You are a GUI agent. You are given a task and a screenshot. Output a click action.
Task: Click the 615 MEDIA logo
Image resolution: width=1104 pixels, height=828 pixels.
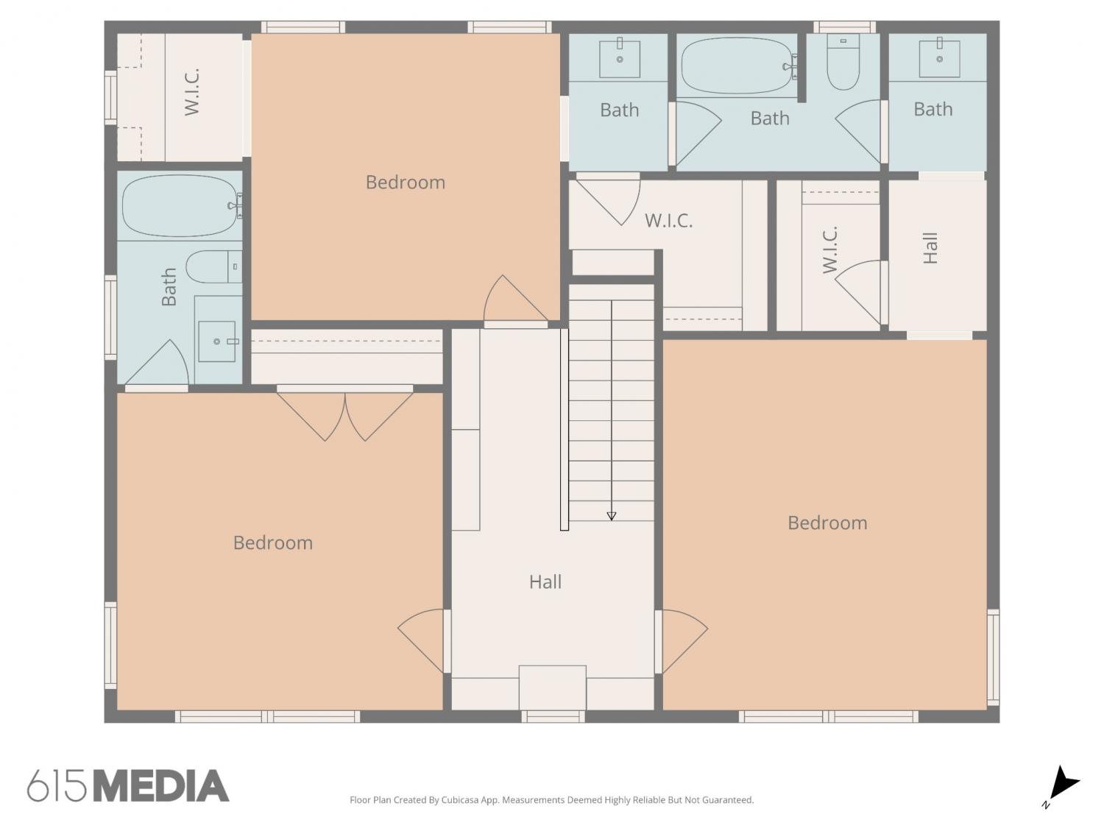128,785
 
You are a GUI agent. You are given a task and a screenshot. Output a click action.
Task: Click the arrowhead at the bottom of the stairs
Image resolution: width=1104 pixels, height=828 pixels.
611,516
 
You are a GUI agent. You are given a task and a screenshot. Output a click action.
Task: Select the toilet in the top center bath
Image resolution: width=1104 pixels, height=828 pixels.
843,63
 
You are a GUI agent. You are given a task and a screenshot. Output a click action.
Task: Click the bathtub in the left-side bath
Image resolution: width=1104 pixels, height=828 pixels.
180,205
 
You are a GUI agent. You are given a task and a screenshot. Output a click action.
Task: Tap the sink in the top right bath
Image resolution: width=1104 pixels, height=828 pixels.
939,58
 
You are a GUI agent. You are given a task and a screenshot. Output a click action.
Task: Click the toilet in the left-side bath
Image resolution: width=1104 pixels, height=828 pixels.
214,266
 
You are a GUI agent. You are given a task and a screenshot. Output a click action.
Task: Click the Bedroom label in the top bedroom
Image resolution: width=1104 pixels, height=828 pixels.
406,182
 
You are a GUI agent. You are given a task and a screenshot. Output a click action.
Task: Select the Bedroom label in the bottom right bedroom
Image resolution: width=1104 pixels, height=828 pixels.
827,523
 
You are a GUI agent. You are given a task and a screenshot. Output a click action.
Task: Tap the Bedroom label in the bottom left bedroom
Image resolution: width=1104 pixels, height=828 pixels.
272,542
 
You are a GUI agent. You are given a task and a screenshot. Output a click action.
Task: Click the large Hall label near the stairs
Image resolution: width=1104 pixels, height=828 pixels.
545,581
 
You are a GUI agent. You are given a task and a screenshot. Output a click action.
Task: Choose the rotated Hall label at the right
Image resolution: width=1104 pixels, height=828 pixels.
930,248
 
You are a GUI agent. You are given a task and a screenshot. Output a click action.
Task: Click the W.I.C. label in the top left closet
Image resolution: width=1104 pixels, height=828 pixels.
192,91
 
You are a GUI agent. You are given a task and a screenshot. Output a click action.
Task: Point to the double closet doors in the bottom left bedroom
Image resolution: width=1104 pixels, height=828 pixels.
345,415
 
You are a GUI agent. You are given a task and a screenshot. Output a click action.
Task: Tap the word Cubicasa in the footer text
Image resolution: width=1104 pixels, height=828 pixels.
460,799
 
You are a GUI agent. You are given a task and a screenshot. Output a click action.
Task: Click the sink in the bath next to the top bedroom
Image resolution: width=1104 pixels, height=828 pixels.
620,59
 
